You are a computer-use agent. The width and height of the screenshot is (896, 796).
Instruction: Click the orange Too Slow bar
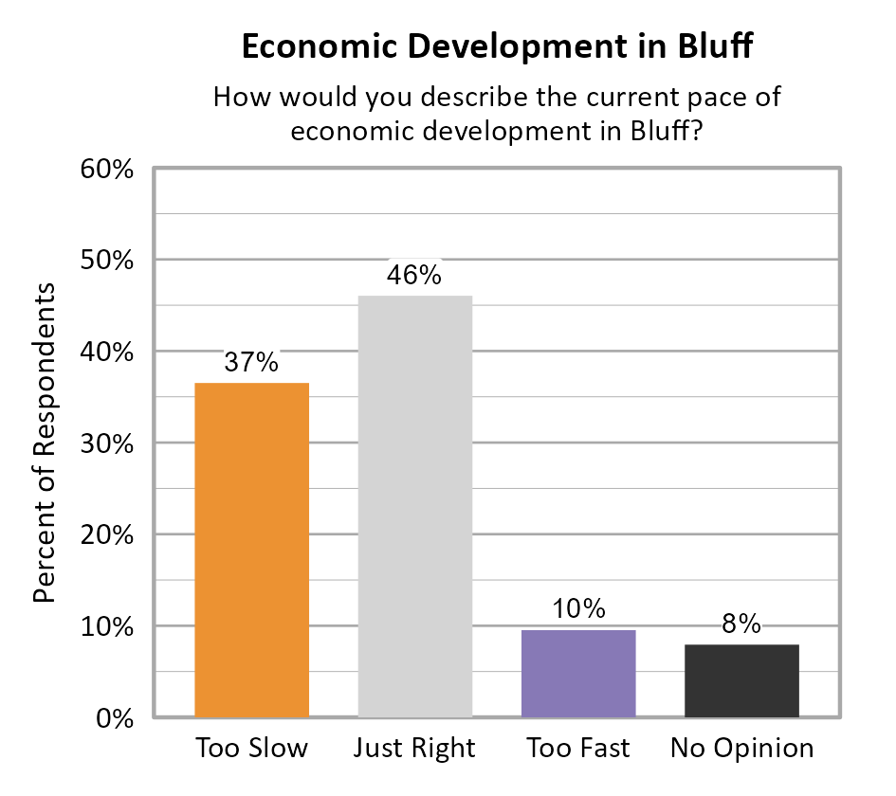point(251,550)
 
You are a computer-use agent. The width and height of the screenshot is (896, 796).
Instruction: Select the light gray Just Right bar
point(414,506)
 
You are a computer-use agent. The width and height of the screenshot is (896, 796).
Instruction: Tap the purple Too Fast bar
point(578,673)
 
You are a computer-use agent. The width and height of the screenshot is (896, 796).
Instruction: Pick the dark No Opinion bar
point(741,680)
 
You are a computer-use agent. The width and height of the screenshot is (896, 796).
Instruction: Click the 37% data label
point(251,362)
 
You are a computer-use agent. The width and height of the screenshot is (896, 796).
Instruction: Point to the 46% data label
point(414,275)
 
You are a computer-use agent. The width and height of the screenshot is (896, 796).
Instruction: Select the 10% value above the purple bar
point(578,609)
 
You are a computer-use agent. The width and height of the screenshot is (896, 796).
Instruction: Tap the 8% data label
point(741,624)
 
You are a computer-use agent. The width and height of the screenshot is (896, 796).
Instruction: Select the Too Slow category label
point(251,749)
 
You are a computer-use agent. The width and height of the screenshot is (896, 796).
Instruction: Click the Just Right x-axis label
point(414,749)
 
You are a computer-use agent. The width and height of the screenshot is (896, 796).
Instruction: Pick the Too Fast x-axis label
point(578,749)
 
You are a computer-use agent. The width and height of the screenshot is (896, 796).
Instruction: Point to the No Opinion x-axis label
point(741,749)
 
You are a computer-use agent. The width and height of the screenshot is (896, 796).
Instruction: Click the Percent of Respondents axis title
point(44,443)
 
